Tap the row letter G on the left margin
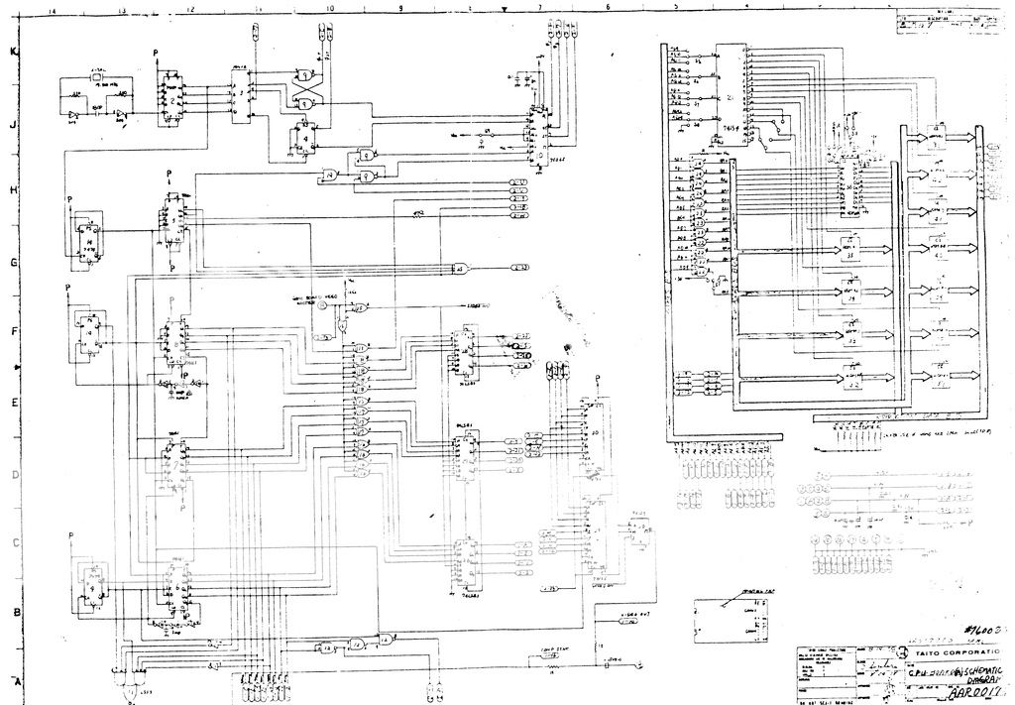[14, 263]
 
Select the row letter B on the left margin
[15, 612]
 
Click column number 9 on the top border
[400, 8]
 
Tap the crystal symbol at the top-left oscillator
[98, 78]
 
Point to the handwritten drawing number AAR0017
[977, 694]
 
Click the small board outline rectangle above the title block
[733, 622]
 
